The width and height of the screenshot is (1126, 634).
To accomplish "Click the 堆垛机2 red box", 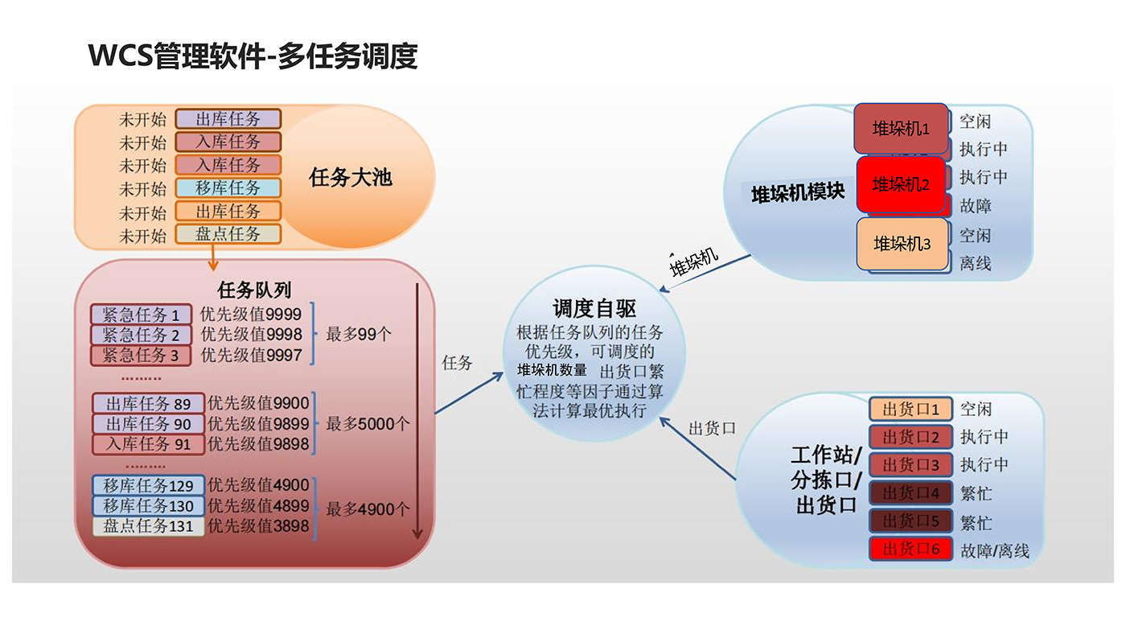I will click(901, 184).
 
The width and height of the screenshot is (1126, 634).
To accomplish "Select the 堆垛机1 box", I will click(901, 129).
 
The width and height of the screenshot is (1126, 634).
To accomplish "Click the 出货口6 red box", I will click(910, 550).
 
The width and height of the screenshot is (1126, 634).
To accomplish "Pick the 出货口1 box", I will click(910, 410).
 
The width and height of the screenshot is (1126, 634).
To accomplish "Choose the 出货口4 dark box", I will click(910, 493).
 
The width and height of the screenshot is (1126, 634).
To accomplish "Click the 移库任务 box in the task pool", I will click(228, 188).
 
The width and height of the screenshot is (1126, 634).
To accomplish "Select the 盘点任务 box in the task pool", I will click(228, 235).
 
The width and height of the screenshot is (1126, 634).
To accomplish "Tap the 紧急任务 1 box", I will click(141, 315).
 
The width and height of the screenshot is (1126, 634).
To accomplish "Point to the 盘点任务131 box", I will click(149, 526).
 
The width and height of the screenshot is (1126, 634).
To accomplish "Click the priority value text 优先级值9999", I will click(251, 315).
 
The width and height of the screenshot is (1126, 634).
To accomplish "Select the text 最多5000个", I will click(368, 424).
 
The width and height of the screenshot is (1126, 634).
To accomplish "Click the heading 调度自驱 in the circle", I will click(594, 308).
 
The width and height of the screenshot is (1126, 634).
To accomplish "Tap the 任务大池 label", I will click(351, 177).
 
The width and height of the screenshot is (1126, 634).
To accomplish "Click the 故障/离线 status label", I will click(994, 551).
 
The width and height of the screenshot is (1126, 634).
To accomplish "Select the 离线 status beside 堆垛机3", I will click(975, 263).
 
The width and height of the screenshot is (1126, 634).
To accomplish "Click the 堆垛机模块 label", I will click(797, 193).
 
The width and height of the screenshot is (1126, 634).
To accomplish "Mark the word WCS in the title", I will click(121, 56).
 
